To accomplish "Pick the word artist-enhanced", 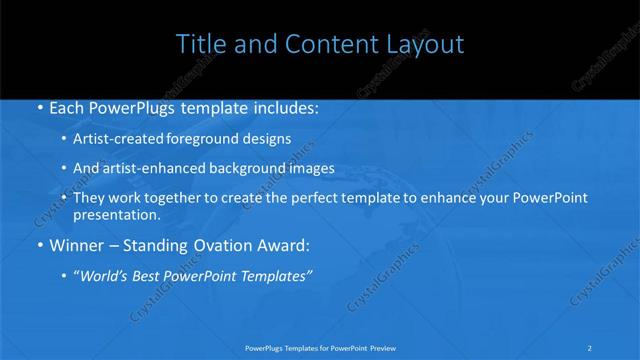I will pyautogui.click(x=152, y=169).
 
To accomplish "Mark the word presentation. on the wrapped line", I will pyautogui.click(x=118, y=215).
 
